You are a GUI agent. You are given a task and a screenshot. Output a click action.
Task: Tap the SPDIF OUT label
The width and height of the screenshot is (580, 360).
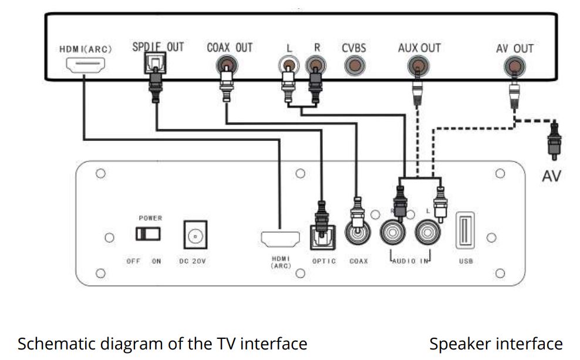(157, 47)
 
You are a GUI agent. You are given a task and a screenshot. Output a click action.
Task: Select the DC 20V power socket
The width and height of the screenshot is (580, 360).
(194, 235)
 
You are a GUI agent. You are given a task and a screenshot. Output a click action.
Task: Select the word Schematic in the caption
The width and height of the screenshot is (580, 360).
(50, 344)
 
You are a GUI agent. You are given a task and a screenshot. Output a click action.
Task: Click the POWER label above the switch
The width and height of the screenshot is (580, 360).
(150, 218)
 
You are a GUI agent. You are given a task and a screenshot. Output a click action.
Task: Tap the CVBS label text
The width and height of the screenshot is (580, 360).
(353, 48)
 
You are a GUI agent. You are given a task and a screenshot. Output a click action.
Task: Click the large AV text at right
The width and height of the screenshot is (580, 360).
(551, 175)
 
